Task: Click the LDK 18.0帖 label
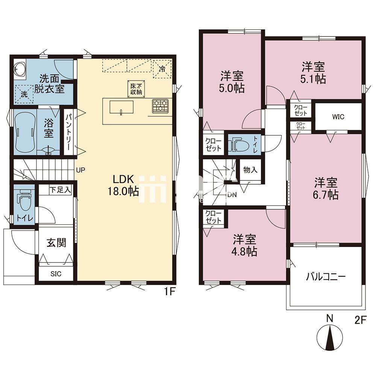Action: pyautogui.click(x=124, y=185)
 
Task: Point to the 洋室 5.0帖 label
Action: pyautogui.click(x=232, y=82)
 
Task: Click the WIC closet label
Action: pyautogui.click(x=338, y=117)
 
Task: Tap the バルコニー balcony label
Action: pyautogui.click(x=326, y=277)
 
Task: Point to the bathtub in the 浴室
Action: pyautogui.click(x=24, y=132)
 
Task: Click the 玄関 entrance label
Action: pyautogui.click(x=56, y=243)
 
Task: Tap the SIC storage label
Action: pyautogui.click(x=56, y=274)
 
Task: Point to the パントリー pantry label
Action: pyautogui.click(x=68, y=132)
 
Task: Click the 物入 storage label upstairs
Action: pyautogui.click(x=250, y=170)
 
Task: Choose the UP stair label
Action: pyautogui.click(x=80, y=170)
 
